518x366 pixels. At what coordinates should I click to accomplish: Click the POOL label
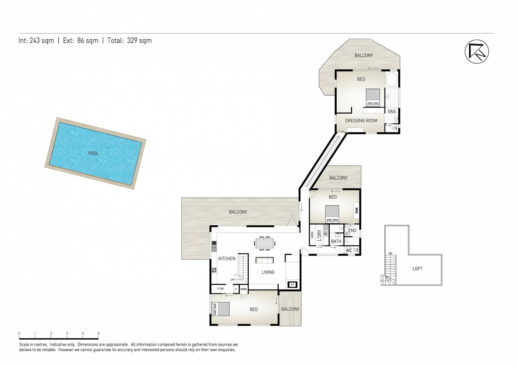tap(93, 153)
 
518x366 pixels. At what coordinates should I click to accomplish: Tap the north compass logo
tap(477, 52)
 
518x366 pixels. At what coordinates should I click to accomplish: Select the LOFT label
tap(417, 269)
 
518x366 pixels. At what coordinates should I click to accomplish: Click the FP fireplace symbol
tap(292, 285)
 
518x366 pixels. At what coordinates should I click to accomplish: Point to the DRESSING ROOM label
tap(361, 120)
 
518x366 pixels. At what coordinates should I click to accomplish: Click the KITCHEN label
tap(227, 259)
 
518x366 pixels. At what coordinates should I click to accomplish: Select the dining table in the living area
tap(264, 243)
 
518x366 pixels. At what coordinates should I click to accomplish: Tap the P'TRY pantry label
tap(220, 289)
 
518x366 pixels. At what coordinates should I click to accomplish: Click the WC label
tap(349, 250)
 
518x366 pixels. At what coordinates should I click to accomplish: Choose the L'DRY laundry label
tap(319, 235)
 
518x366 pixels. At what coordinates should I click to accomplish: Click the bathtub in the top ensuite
tap(392, 80)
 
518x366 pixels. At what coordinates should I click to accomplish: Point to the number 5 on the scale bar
tap(98, 333)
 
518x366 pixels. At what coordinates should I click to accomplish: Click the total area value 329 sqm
tap(139, 41)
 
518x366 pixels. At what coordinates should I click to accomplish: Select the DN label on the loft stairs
tap(390, 253)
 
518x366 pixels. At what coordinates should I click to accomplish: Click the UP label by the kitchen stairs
tap(232, 280)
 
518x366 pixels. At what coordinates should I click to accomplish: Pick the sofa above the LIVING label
tap(264, 260)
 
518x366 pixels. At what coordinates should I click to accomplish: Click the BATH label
tap(336, 241)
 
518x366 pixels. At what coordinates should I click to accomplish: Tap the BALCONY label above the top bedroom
tap(364, 55)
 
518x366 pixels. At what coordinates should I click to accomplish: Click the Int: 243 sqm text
tap(36, 41)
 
